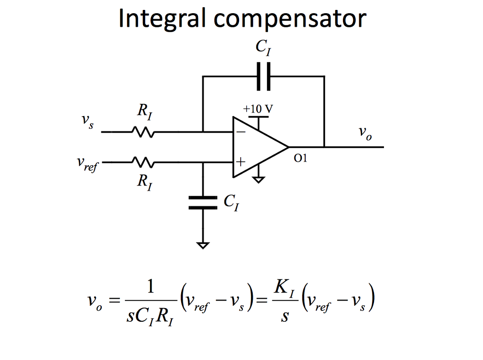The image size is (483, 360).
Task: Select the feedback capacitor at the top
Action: click(x=264, y=76)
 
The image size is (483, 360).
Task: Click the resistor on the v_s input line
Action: click(x=142, y=132)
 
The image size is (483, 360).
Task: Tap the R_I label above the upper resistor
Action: click(x=145, y=112)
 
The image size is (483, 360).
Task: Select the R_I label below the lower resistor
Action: click(x=145, y=182)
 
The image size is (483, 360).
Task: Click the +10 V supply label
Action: click(x=258, y=109)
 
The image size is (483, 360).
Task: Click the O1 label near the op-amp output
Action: click(x=300, y=159)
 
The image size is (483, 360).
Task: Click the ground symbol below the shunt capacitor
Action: click(x=203, y=245)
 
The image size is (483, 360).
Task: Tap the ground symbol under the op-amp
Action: click(x=258, y=180)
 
